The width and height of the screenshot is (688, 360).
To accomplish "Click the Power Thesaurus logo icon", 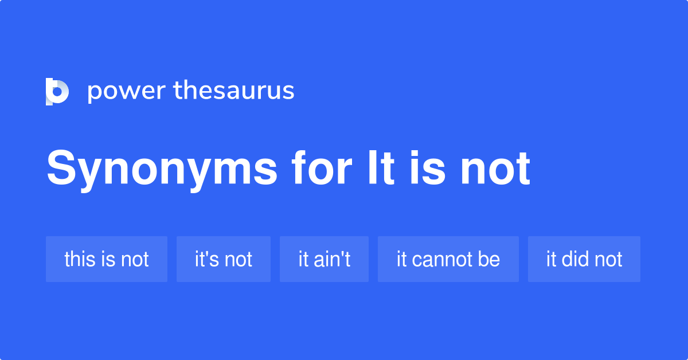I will [x=57, y=92].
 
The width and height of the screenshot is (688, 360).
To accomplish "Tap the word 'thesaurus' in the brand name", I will [x=234, y=91].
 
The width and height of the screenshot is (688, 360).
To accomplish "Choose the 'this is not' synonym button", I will [x=107, y=259].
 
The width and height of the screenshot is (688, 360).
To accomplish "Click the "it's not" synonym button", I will [x=224, y=259].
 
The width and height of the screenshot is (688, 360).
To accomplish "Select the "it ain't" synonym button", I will [x=324, y=259].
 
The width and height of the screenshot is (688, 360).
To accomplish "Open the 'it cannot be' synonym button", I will [x=448, y=259].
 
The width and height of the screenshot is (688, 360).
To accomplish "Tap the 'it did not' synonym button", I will [x=584, y=259].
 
